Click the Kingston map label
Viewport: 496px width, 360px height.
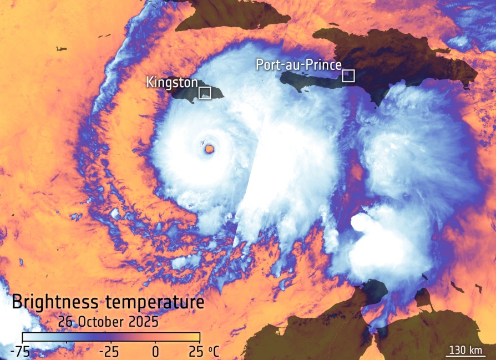pos(171,83)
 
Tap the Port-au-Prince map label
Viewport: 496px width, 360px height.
pos(298,65)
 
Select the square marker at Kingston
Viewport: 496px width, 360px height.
pos(205,93)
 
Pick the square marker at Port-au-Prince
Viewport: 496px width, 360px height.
pos(348,75)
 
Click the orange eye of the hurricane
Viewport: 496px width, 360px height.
pos(210,149)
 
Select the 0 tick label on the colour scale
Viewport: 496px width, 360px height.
pos(155,351)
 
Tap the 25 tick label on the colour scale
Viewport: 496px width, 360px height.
pos(194,351)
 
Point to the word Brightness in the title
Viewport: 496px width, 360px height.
pos(53,303)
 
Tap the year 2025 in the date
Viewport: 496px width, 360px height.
pos(143,322)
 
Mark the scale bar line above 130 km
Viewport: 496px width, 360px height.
pos(464,357)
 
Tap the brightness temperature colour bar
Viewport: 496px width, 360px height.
pos(111,336)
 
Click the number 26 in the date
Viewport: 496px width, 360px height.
pos(65,322)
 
